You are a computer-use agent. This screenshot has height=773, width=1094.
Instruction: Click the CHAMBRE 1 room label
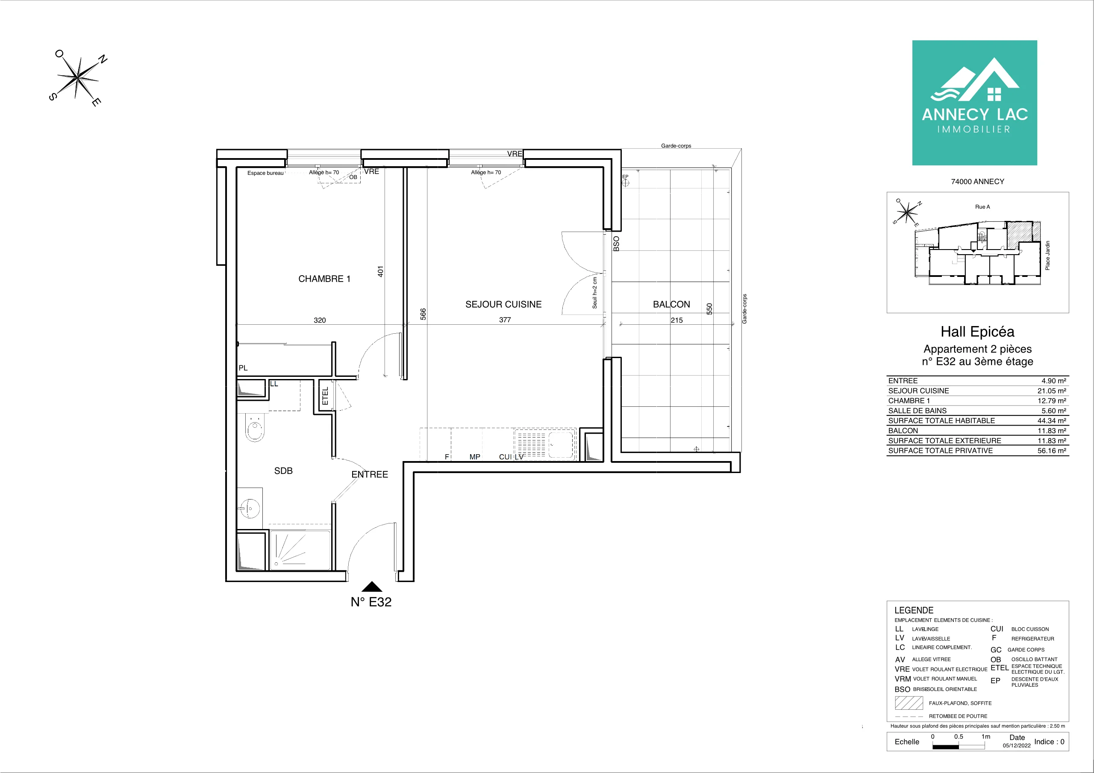(324, 279)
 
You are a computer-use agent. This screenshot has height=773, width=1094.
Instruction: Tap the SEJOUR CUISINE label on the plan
(504, 304)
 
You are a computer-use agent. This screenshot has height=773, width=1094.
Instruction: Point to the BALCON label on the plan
(671, 304)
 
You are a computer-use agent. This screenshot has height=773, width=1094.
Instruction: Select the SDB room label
(283, 471)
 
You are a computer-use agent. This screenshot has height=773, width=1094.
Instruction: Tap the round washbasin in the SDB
(250, 508)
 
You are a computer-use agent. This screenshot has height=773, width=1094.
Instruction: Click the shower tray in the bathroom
(300, 550)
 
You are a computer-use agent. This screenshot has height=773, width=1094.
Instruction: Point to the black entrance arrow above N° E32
(372, 587)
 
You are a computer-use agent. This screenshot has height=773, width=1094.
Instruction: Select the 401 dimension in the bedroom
(380, 271)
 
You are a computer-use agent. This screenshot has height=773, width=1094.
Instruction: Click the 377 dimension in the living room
(505, 320)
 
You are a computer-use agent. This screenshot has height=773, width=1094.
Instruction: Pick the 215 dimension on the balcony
(676, 320)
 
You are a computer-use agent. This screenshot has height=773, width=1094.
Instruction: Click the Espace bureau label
(265, 173)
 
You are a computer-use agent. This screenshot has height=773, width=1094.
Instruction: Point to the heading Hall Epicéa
(977, 332)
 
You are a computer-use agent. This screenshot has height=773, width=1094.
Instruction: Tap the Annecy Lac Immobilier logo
(975, 103)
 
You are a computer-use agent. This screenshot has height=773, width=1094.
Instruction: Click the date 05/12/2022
(1016, 746)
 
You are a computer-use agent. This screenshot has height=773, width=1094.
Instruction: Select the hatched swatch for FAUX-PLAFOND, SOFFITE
(909, 703)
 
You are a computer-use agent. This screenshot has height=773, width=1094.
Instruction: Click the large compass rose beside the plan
(78, 78)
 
